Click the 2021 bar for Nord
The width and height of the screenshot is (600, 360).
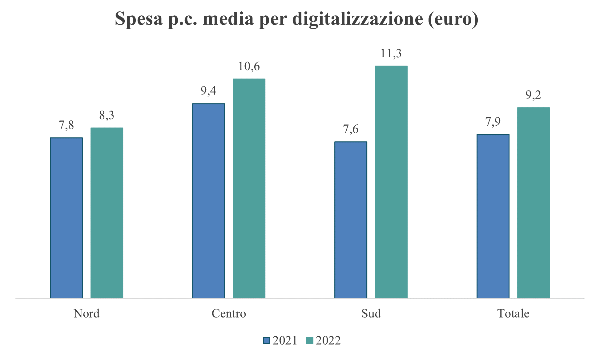point(66,218)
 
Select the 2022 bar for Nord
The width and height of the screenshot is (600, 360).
point(107,213)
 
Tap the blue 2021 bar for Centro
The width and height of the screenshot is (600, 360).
point(208,201)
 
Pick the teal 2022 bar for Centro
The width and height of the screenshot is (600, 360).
point(249,188)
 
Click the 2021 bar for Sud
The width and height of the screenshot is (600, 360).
point(351,220)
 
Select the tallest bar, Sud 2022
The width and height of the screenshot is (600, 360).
point(391,182)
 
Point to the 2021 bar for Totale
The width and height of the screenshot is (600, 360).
point(493,216)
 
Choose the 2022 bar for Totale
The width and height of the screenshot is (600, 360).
point(533,203)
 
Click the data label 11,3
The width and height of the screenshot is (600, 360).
point(391,54)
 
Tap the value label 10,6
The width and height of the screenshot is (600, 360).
point(249,66)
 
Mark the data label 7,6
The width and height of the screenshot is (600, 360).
point(351,129)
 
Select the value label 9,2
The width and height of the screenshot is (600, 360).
point(533,95)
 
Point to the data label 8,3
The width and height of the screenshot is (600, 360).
point(107,115)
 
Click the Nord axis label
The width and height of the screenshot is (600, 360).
point(87,313)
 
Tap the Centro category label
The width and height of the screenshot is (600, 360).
point(229,313)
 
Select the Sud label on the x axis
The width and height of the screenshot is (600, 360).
point(371,313)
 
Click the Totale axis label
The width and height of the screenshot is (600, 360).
point(513,313)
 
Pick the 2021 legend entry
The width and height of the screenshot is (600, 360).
point(280,341)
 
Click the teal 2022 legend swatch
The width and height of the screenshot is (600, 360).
point(310,341)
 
